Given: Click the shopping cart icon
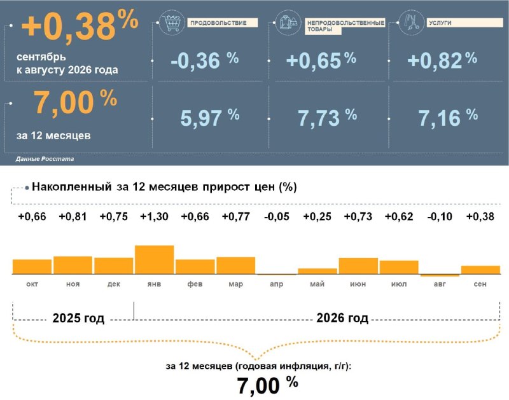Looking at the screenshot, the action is point(172,23).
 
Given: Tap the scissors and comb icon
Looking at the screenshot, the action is point(411,22).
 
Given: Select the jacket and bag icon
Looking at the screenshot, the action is point(288,22).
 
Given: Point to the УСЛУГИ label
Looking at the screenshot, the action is point(440,23).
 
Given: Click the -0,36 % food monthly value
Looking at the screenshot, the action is point(205,60).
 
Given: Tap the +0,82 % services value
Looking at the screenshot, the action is point(442,60).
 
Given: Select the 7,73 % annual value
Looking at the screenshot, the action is point(327,117).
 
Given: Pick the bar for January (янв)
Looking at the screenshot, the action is point(154,260).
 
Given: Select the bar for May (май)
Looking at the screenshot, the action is point(317,272).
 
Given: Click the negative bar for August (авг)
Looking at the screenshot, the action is point(440,275).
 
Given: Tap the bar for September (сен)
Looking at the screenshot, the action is point(480,270).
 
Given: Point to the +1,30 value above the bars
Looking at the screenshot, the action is point(154,216).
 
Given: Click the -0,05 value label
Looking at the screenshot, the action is point(277,216).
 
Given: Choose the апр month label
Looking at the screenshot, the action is point(277,284).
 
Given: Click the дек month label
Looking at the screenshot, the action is point(114,284).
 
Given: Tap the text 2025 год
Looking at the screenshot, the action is point(78,318).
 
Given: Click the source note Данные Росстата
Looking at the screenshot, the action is point(45,159).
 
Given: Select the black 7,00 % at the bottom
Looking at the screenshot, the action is point(267,385).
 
